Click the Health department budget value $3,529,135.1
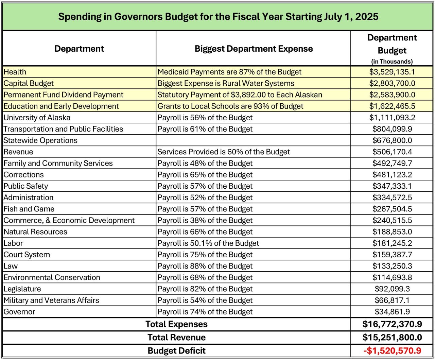pyautogui.click(x=392, y=72)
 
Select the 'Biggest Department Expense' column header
pyautogui.click(x=254, y=49)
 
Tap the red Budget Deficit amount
pyautogui.click(x=392, y=350)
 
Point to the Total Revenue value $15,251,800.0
pyautogui.click(x=392, y=337)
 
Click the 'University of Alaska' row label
pyautogui.click(x=37, y=118)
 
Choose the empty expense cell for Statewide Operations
pyautogui.click(x=253, y=140)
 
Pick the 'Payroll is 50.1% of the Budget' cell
pyautogui.click(x=208, y=243)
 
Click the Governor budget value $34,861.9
pyautogui.click(x=392, y=312)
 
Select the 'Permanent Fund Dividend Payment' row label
pyautogui.click(x=64, y=95)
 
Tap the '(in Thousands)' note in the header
pyautogui.click(x=392, y=62)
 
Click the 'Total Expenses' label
pyautogui.click(x=176, y=324)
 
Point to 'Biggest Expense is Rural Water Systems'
pyautogui.click(x=226, y=83)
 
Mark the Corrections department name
pyautogui.click(x=24, y=175)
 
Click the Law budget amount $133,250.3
pyautogui.click(x=392, y=266)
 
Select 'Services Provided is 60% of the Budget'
pyautogui.click(x=224, y=152)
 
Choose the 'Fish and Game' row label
pyautogui.click(x=29, y=209)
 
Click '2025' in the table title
pyautogui.click(x=367, y=17)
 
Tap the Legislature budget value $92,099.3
pyautogui.click(x=392, y=289)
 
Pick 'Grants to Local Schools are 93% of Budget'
pyautogui.click(x=230, y=106)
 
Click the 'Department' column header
pyautogui.click(x=79, y=49)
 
